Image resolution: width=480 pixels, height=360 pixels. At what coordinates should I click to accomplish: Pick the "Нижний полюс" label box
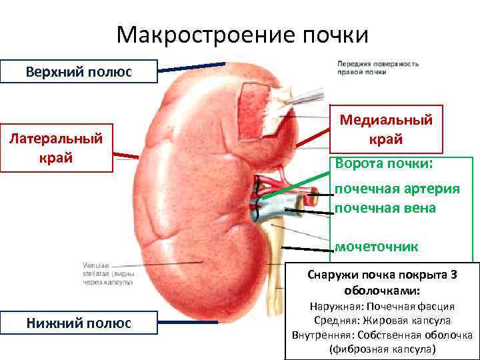79,323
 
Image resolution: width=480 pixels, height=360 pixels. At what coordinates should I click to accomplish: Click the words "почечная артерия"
397,188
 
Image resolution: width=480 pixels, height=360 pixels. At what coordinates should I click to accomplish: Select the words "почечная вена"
385,208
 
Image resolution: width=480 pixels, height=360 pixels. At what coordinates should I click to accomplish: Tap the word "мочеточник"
376,247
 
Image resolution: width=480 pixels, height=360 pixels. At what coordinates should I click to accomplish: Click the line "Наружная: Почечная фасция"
382,307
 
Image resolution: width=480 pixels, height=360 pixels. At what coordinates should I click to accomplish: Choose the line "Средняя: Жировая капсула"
382,321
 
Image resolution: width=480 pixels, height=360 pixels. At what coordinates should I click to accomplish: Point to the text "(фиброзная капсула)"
382,349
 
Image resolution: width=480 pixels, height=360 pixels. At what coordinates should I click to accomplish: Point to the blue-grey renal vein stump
267,210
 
